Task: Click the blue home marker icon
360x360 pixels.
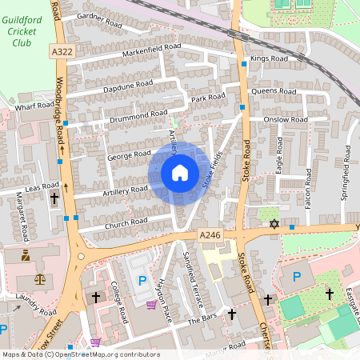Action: [179, 172]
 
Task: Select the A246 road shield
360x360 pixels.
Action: [210, 234]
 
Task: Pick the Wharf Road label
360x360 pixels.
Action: [33, 105]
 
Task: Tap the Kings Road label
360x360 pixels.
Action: [268, 58]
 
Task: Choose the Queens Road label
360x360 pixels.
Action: [274, 91]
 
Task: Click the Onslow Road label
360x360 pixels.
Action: [286, 119]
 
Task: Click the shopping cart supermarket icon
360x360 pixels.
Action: [152, 304]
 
